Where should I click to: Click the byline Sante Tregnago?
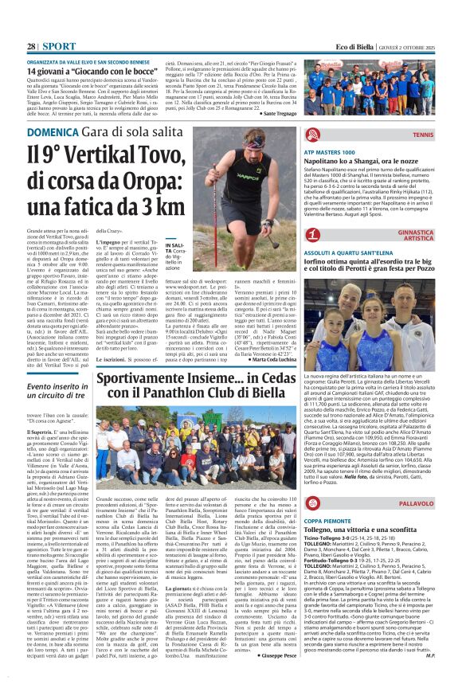(269, 114)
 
